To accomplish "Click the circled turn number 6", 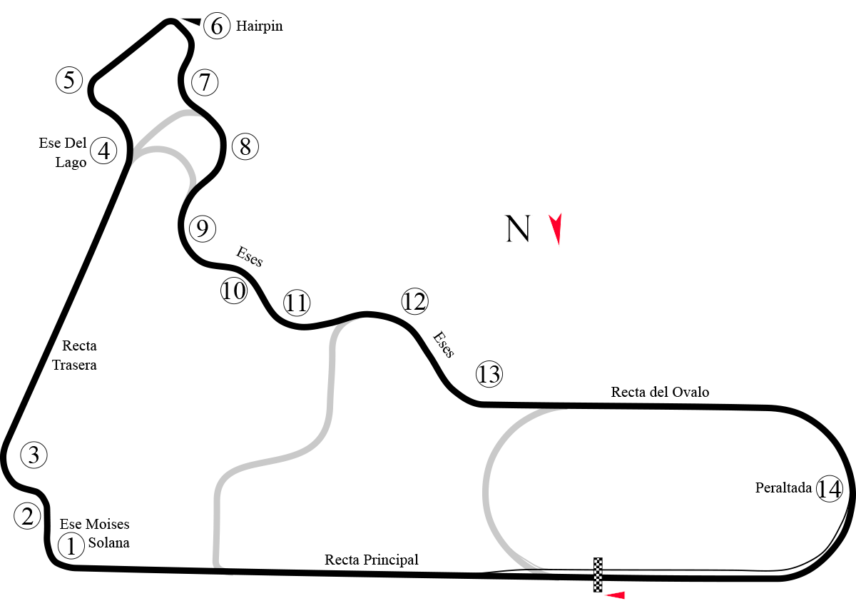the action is (x=217, y=26).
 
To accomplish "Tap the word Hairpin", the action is (x=260, y=26).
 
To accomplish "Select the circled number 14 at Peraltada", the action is (x=829, y=488).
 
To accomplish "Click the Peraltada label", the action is (x=783, y=488).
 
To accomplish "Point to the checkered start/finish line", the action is (x=598, y=575).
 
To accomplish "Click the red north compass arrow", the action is (x=556, y=228).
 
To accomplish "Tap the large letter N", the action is (x=518, y=228).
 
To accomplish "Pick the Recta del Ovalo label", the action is (x=660, y=392).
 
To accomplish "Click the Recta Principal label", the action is (x=372, y=560).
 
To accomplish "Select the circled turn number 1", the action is (x=71, y=545).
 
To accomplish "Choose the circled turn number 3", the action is (x=34, y=455).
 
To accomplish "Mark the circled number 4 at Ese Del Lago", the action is (x=103, y=151).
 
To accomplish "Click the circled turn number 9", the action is (x=203, y=228).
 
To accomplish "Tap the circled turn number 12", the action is (x=414, y=301).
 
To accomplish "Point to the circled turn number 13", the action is (x=489, y=374).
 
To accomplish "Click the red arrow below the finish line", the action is (x=615, y=595).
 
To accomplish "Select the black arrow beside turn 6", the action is (x=191, y=21).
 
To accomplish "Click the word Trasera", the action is (x=74, y=365).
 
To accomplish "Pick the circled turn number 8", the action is (x=245, y=146).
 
